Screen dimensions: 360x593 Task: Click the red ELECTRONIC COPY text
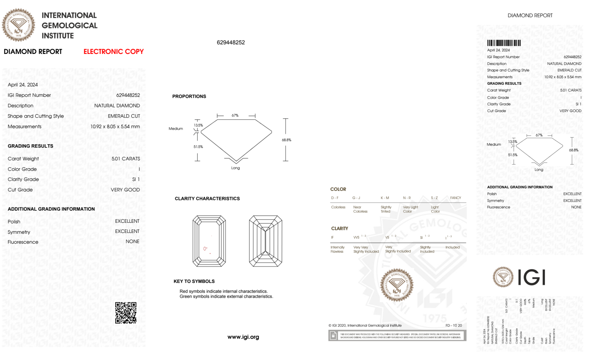coord(114,52)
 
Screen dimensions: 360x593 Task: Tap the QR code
coord(126,313)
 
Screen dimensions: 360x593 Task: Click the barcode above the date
coord(504,43)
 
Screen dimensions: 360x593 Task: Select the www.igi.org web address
coord(243,337)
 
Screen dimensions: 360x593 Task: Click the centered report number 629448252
coord(231,42)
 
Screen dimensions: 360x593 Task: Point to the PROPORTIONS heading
coord(189,96)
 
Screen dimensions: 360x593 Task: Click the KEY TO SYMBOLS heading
coord(194,281)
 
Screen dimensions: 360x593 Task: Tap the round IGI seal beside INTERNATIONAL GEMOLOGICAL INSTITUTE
coord(18,25)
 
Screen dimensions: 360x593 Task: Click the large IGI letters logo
coord(532,277)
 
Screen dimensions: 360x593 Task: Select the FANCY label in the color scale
coord(455,198)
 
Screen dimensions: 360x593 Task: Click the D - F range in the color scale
coord(335,198)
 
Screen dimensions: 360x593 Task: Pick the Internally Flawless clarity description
coord(337,249)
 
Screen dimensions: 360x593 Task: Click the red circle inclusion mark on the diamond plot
coord(205,249)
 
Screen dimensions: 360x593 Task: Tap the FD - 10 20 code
coord(453,325)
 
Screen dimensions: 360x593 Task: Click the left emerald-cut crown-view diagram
coord(209,241)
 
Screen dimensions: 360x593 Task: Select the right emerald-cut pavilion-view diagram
coord(266,241)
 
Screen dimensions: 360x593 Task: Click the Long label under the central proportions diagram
coord(235,168)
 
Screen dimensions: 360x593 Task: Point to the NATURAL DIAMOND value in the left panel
coord(117,105)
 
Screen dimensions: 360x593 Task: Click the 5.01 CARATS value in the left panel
coord(126,159)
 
